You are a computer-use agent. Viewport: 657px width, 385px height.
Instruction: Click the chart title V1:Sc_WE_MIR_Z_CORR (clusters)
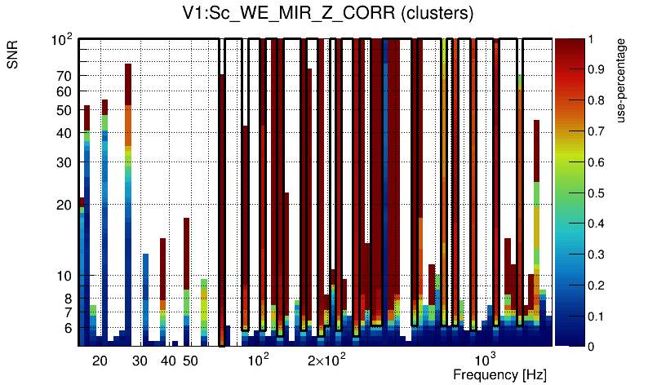328,14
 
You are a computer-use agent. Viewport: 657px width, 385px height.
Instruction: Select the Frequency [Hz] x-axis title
499,374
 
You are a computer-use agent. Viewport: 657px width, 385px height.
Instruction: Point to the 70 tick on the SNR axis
64,76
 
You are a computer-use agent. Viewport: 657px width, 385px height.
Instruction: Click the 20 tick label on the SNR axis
64,205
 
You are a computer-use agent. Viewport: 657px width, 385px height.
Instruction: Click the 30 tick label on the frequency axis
140,361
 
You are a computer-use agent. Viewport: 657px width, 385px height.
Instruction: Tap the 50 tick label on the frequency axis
189,361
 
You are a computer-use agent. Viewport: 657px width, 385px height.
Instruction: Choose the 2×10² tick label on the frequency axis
327,360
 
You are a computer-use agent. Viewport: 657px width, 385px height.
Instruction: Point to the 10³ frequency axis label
486,360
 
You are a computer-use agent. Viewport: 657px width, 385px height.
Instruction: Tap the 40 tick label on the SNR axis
64,134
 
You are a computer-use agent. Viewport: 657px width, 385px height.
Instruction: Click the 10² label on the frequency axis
259,360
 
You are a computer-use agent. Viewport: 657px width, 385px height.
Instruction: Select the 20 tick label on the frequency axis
100,361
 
